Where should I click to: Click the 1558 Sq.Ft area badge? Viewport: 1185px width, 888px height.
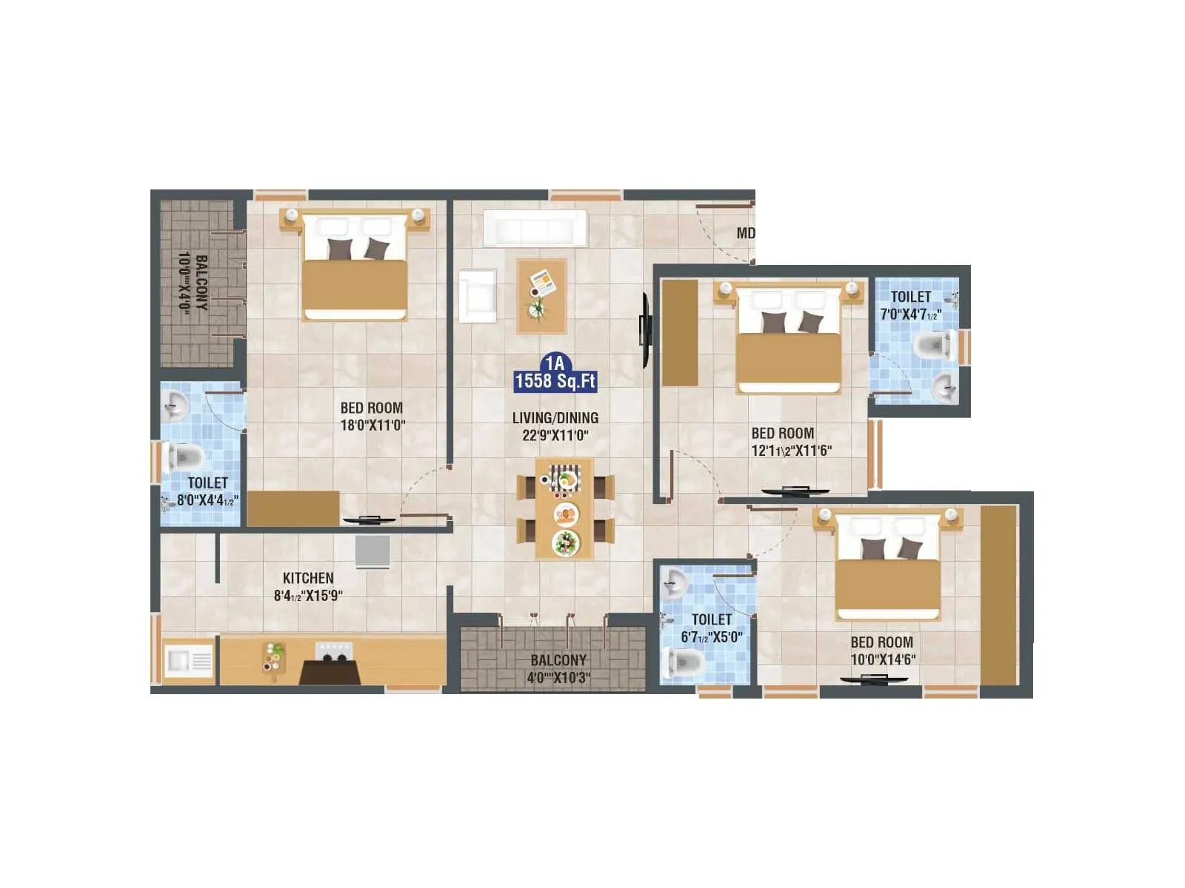pyautogui.click(x=555, y=380)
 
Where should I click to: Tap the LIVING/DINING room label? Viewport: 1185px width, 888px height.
pyautogui.click(x=555, y=417)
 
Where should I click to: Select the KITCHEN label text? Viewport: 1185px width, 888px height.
pyautogui.click(x=308, y=578)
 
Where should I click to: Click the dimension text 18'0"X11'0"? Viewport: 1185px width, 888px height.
pyautogui.click(x=373, y=425)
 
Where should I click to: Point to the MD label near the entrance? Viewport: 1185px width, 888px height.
pyautogui.click(x=745, y=233)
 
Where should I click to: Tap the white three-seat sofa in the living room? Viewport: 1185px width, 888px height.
pyautogui.click(x=535, y=228)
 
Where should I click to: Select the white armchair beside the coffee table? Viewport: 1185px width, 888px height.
pyautogui.click(x=477, y=296)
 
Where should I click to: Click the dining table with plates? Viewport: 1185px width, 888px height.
pyautogui.click(x=564, y=508)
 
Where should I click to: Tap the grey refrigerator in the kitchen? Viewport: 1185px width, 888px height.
pyautogui.click(x=373, y=551)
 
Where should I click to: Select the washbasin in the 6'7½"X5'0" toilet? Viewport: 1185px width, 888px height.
pyautogui.click(x=674, y=583)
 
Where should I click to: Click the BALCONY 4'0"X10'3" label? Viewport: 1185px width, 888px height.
pyautogui.click(x=558, y=669)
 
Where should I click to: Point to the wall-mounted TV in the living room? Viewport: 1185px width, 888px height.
pyautogui.click(x=645, y=329)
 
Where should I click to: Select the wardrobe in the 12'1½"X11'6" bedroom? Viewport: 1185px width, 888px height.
pyautogui.click(x=679, y=333)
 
